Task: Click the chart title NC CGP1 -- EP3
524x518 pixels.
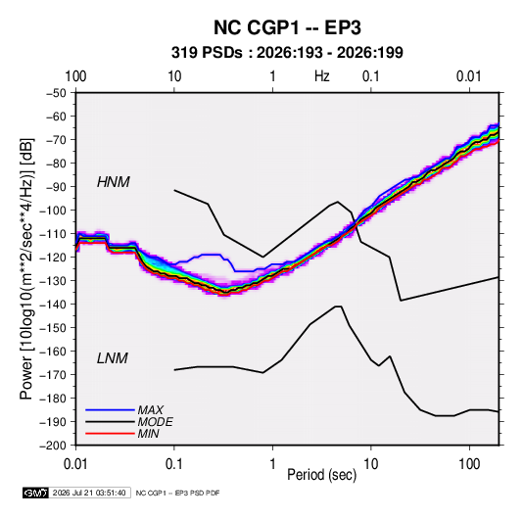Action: [x=287, y=27]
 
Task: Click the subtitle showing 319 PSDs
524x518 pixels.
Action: [x=287, y=53]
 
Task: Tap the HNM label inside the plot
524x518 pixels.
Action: [x=114, y=182]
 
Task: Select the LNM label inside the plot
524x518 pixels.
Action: [x=113, y=358]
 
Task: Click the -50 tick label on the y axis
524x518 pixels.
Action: [x=57, y=93]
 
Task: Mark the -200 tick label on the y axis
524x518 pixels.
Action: [x=53, y=446]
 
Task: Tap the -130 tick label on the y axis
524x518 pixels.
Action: [x=53, y=281]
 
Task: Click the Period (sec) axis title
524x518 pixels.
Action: [x=322, y=475]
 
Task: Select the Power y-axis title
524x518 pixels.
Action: [x=26, y=268]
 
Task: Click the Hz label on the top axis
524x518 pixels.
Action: [x=322, y=76]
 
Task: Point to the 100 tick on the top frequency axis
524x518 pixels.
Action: [x=75, y=76]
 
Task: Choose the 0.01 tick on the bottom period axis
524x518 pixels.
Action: [x=75, y=464]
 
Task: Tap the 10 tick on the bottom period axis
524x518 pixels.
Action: [x=371, y=464]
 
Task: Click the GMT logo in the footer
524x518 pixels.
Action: [x=36, y=493]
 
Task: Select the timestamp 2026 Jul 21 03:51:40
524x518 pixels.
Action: [x=89, y=493]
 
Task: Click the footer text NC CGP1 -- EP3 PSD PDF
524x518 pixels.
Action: [x=177, y=493]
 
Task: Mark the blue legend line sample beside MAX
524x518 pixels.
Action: [x=110, y=410]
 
